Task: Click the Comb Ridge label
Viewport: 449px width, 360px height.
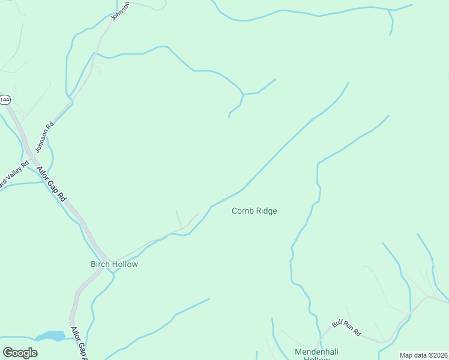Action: point(255,211)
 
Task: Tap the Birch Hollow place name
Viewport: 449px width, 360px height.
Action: point(114,264)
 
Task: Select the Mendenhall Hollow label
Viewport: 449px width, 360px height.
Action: point(313,354)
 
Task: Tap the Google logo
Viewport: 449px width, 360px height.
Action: point(20,353)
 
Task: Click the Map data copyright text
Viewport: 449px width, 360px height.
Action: point(424,355)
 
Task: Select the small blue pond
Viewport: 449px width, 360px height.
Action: point(51,336)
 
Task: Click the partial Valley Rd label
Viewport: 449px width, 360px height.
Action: point(13,176)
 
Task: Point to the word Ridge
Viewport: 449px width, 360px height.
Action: point(267,211)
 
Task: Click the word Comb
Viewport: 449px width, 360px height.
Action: point(243,211)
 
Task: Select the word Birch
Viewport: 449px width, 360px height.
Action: point(100,264)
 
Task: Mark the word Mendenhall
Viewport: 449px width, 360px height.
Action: point(313,351)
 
